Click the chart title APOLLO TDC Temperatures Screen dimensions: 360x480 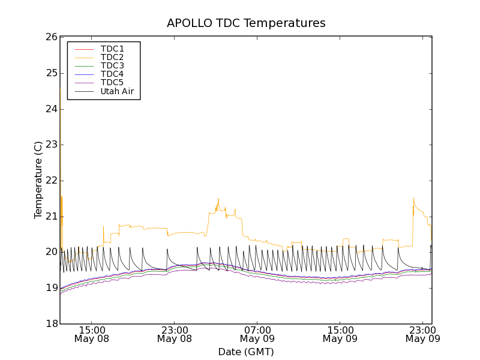pyautogui.click(x=246, y=23)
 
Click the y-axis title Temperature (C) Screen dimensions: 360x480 pyautogui.click(x=38, y=180)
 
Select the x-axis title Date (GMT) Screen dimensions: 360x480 pyautogui.click(x=246, y=352)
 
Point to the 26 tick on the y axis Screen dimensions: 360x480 pyautogui.click(x=50, y=37)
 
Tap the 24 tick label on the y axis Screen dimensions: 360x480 pyautogui.click(x=50, y=109)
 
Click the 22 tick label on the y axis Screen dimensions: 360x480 pyautogui.click(x=50, y=181)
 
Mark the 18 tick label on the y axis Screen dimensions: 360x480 pyautogui.click(x=50, y=324)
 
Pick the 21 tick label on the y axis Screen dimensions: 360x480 pyautogui.click(x=50, y=217)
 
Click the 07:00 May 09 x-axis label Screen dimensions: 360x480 pyautogui.click(x=257, y=334)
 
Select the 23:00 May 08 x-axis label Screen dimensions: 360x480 pyautogui.click(x=175, y=334)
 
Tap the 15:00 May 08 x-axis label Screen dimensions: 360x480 pyautogui.click(x=92, y=334)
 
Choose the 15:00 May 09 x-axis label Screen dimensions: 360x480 pyautogui.click(x=340, y=334)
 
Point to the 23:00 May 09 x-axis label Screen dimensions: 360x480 pyautogui.click(x=422, y=334)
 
